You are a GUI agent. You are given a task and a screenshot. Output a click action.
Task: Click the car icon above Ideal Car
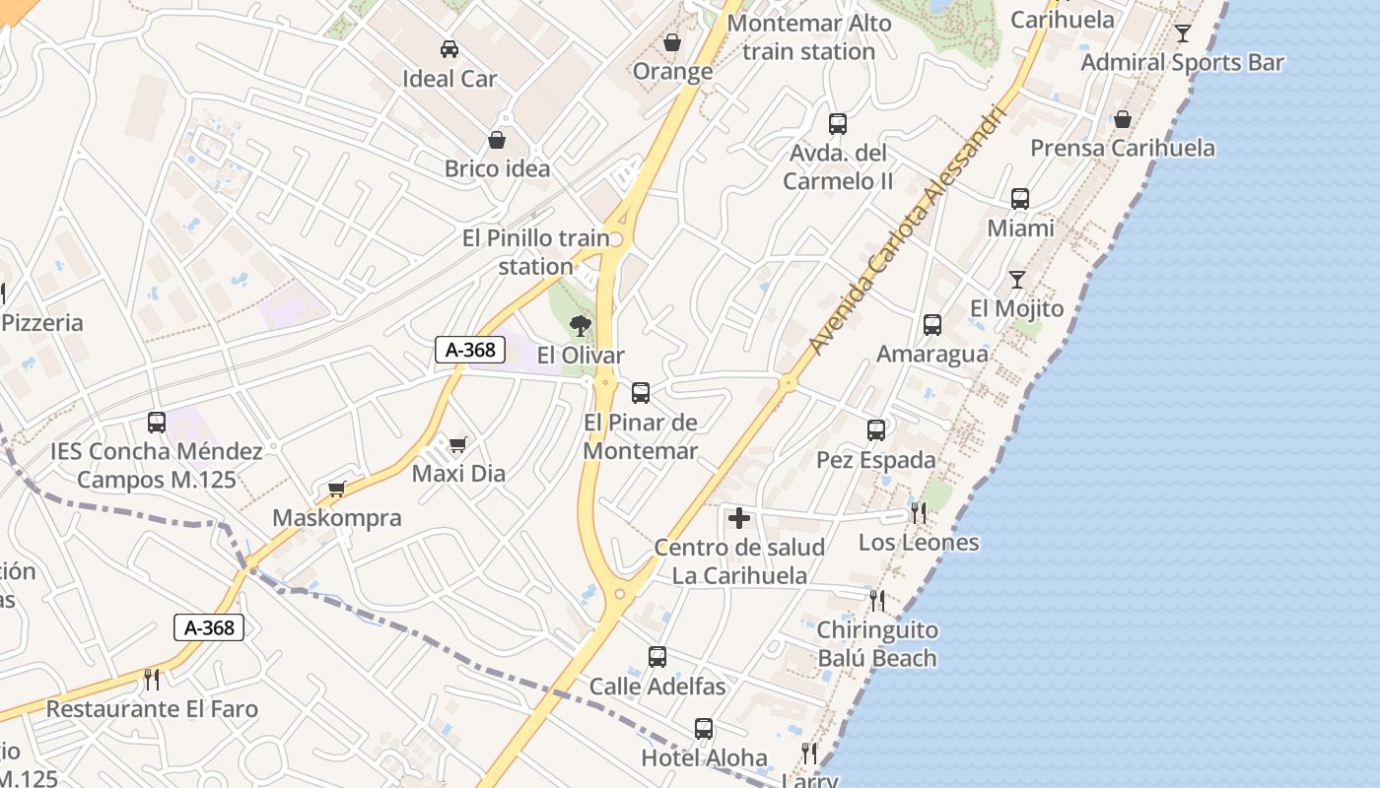click(449, 48)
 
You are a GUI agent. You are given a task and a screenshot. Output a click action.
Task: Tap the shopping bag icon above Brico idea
click(497, 141)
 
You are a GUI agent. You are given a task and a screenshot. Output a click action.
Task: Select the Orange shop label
click(672, 71)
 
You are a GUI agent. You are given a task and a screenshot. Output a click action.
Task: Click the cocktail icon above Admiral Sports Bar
click(1183, 33)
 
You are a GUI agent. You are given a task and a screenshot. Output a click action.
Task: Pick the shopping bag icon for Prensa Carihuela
click(1122, 120)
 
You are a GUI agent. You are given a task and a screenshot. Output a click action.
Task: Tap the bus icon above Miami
click(1020, 199)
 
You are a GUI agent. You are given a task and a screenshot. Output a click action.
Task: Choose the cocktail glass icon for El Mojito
click(1016, 280)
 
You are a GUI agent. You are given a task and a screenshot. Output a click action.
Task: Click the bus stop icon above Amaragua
click(931, 325)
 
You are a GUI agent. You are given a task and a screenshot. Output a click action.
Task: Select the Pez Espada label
click(876, 460)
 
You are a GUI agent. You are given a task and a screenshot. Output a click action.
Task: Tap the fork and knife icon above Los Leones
click(918, 512)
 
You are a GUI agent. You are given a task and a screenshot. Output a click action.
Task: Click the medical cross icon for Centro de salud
click(739, 518)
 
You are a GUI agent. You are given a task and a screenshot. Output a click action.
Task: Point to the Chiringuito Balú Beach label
click(877, 643)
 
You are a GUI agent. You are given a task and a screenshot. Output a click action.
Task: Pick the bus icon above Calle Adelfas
click(657, 657)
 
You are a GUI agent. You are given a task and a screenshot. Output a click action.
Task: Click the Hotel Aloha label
click(704, 757)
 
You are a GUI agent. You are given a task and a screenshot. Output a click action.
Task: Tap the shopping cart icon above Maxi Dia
click(457, 445)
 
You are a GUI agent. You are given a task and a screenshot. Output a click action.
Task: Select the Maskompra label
click(337, 518)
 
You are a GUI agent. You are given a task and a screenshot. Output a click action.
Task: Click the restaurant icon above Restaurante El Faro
click(152, 679)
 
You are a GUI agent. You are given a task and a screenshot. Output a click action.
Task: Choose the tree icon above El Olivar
click(581, 325)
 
